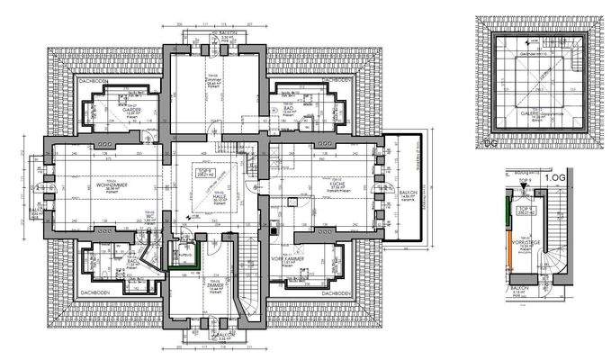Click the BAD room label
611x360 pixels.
[x=290, y=109]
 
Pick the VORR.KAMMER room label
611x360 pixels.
[x=300, y=258]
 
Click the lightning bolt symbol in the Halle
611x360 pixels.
[x=186, y=216]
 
